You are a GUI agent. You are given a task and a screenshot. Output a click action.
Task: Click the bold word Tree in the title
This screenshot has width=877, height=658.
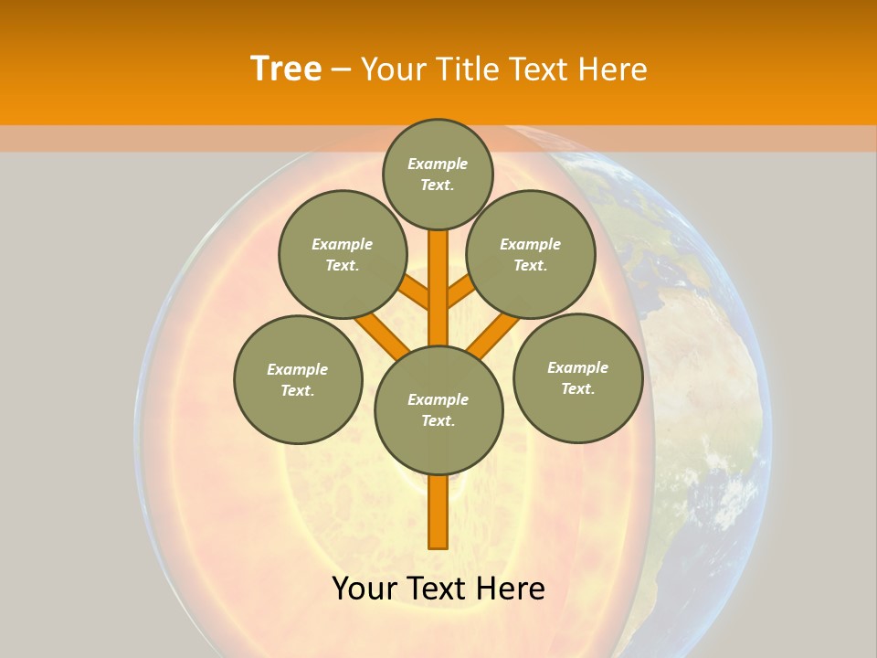[x=286, y=69]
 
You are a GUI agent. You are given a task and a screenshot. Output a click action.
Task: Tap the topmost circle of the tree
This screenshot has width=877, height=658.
[x=438, y=174]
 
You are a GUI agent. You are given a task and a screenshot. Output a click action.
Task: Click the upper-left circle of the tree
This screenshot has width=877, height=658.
[x=343, y=254]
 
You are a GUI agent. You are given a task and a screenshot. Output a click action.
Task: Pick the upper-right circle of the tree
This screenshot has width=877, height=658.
[x=531, y=254]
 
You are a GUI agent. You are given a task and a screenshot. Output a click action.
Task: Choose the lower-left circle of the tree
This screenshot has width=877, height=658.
[x=298, y=379]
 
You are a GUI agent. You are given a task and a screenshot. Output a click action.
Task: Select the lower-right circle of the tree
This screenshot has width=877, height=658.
[x=577, y=377]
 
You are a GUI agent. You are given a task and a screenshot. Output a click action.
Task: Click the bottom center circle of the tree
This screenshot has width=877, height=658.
[x=438, y=409]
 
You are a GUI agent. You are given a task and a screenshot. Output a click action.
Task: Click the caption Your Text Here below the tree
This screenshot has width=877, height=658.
[x=438, y=589]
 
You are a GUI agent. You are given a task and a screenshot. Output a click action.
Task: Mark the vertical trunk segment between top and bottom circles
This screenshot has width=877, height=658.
[x=438, y=288]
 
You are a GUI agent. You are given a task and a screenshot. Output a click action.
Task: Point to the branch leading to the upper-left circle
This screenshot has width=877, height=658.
[x=415, y=293]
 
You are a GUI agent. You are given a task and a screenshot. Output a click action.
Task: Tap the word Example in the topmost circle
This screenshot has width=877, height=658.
[x=438, y=164]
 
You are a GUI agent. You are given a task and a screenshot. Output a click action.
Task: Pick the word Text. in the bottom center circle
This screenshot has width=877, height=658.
[x=438, y=420]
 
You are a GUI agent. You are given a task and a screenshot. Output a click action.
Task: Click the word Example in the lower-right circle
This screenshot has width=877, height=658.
[x=577, y=367]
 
